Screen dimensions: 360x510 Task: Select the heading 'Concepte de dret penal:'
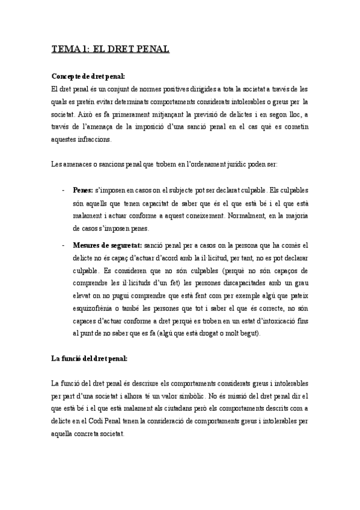pos(88,76)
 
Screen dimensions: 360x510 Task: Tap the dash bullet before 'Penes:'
pos(63,190)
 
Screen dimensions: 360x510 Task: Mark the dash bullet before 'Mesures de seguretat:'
pos(63,245)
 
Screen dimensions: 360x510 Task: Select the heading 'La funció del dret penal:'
pos(90,360)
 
